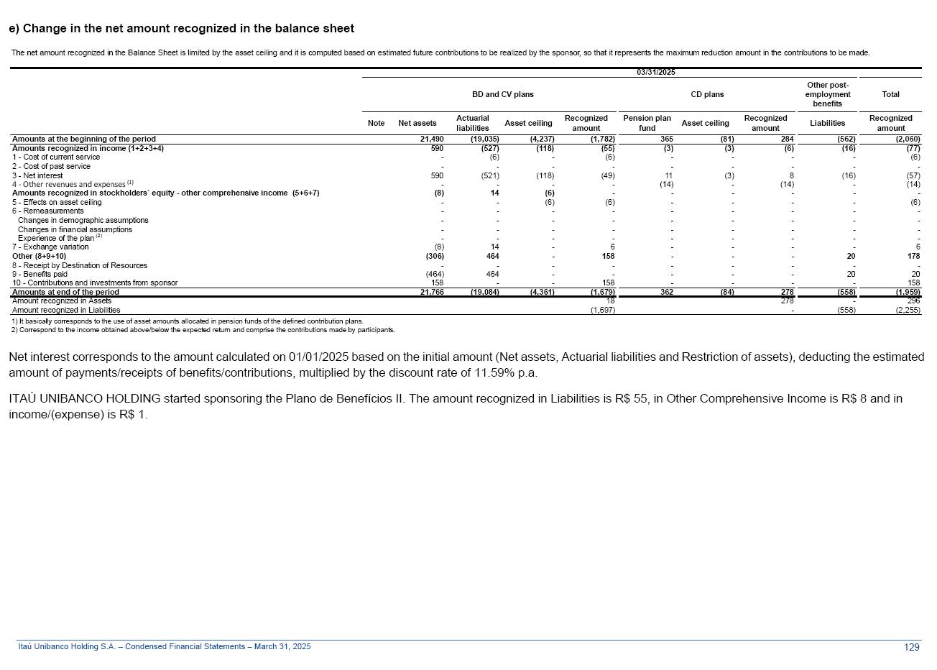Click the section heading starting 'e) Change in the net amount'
(x=181, y=29)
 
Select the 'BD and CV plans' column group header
(x=502, y=94)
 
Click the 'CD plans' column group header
(x=707, y=94)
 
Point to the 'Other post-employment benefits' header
(x=827, y=94)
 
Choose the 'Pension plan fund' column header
(x=647, y=123)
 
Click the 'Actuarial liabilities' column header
(x=472, y=123)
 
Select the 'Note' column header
(x=376, y=124)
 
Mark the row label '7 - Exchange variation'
(x=50, y=247)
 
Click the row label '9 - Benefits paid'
(x=40, y=274)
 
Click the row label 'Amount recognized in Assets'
(x=62, y=301)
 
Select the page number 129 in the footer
(x=911, y=647)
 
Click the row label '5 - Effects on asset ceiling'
(x=57, y=203)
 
